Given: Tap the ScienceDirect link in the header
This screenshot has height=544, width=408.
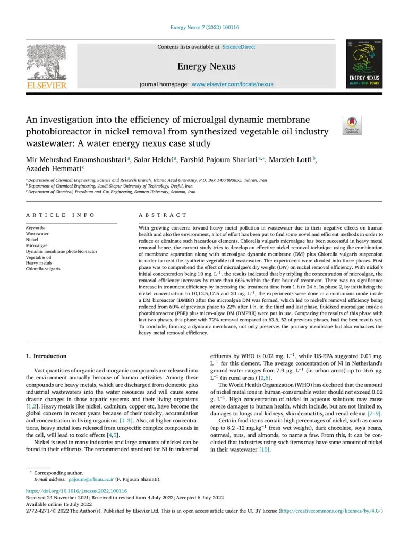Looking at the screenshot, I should tap(239, 47).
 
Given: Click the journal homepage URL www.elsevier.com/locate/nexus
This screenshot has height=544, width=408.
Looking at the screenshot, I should tap(232, 84).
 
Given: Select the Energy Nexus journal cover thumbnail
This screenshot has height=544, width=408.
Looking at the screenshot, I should tap(364, 63).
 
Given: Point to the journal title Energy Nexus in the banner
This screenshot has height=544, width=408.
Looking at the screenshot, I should tap(206, 67).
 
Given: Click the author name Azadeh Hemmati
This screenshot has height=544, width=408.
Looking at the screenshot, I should tap(54, 168).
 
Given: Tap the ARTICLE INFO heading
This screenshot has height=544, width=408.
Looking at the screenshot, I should tap(61, 215).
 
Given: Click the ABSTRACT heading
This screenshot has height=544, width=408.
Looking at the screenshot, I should tap(163, 215).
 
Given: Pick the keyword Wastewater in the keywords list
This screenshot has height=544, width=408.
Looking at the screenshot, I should tap(37, 233).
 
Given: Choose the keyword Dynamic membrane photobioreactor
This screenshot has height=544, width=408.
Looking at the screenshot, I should tap(62, 251).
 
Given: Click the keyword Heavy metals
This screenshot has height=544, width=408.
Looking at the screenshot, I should tap(39, 262).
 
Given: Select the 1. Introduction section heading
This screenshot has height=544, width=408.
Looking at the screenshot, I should tap(46, 355).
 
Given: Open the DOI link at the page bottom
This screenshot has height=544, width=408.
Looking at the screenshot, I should tap(76, 491).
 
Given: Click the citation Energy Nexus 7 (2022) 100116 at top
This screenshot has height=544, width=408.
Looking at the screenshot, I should tap(204, 27).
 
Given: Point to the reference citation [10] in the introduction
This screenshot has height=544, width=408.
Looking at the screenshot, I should tap(265, 450).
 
